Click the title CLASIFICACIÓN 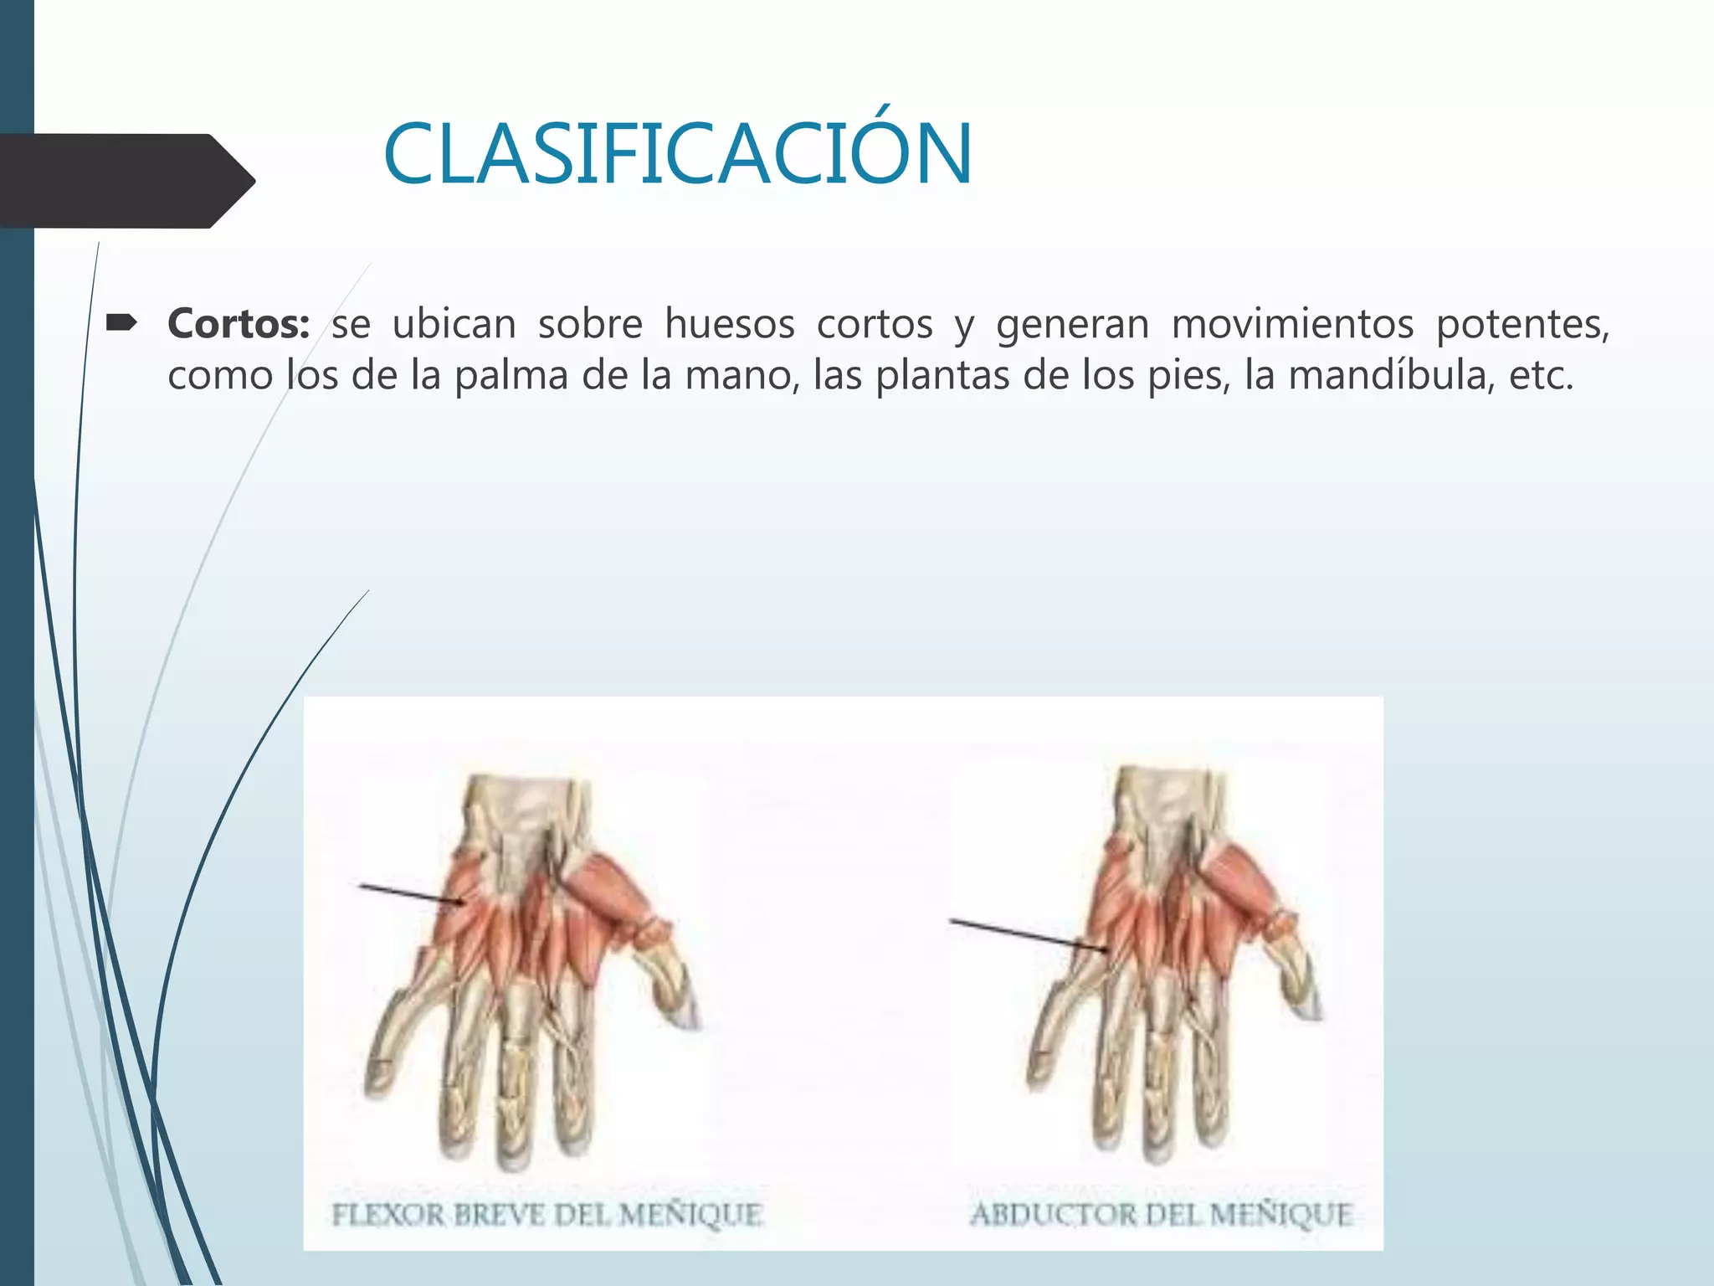point(678,156)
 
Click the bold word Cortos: point(239,325)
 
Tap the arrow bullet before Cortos point(122,322)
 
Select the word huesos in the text point(729,325)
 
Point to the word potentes point(1522,325)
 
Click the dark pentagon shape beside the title point(126,180)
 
